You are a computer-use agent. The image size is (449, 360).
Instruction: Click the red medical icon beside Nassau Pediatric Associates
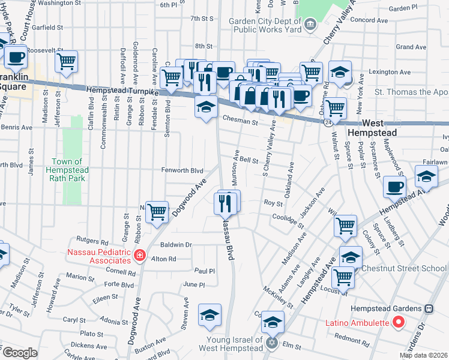(140, 256)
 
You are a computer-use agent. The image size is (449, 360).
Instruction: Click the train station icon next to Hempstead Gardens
(429, 308)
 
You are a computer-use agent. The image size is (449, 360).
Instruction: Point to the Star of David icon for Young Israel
(271, 343)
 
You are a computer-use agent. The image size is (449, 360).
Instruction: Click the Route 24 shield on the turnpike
(330, 121)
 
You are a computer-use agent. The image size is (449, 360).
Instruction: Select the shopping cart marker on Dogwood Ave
(157, 212)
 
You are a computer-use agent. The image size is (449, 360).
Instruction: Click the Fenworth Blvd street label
(182, 170)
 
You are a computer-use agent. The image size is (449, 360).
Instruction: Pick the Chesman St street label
(240, 122)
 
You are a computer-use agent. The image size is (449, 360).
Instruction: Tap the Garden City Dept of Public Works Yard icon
(310, 25)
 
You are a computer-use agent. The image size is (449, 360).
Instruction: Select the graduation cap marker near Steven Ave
(209, 315)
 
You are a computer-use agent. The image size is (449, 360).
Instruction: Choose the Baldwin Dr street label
(176, 245)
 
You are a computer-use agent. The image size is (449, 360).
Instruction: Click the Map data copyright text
(423, 355)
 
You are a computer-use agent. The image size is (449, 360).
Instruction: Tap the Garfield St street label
(47, 28)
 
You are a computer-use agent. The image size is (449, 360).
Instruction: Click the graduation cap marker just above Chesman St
(206, 108)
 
